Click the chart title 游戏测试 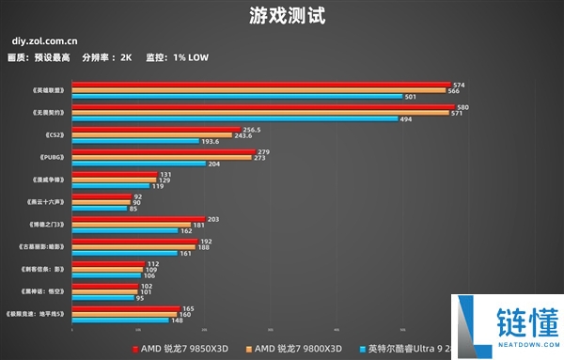[x=282, y=16]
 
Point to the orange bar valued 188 [x=133, y=247]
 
